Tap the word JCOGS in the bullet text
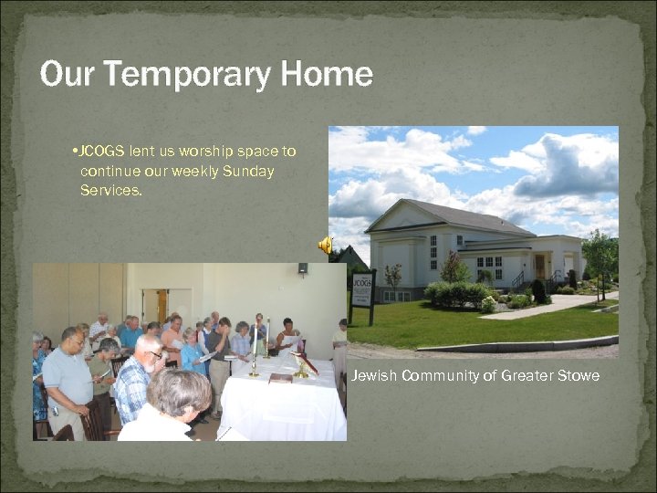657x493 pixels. pos(103,151)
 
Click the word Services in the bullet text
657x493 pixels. pos(110,191)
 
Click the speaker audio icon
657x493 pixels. pos(325,245)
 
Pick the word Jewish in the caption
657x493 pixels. pos(374,375)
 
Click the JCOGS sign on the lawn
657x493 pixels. pos(362,288)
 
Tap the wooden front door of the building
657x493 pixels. pos(540,266)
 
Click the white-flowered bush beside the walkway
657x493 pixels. pos(489,304)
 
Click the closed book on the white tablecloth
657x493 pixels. pos(281,377)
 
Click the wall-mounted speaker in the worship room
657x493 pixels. pos(302,268)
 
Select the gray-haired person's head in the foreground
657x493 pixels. pos(179,392)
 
